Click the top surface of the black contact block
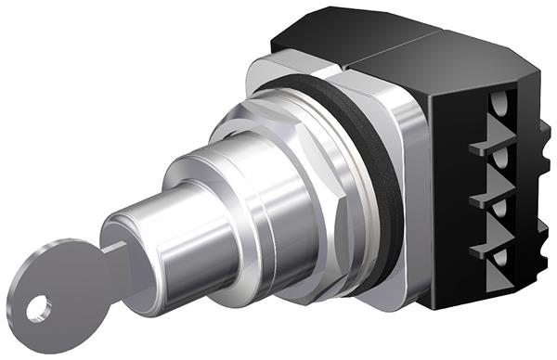[408, 46]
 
